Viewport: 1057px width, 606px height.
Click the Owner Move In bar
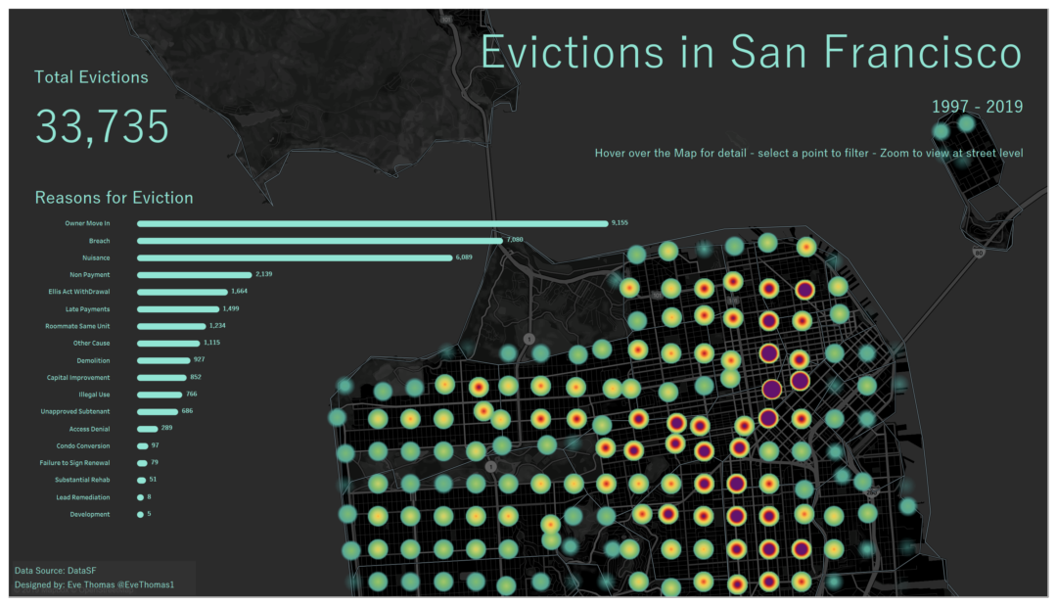point(372,223)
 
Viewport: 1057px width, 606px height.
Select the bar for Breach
point(319,240)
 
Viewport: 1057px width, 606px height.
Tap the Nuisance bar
point(294,257)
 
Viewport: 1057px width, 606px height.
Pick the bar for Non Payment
point(194,274)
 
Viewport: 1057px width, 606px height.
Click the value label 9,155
point(620,223)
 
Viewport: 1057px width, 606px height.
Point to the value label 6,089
point(464,257)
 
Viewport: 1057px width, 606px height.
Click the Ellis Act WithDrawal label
point(78,292)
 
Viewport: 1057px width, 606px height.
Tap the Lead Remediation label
point(83,497)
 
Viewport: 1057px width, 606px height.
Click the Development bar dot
point(140,514)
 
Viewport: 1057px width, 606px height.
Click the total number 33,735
point(102,127)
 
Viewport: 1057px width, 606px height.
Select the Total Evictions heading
point(91,77)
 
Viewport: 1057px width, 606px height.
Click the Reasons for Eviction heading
point(114,198)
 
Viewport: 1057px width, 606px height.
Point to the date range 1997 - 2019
point(977,107)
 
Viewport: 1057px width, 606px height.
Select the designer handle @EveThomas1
point(144,585)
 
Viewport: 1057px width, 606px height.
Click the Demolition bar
point(163,360)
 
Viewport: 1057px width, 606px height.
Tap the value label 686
point(187,411)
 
